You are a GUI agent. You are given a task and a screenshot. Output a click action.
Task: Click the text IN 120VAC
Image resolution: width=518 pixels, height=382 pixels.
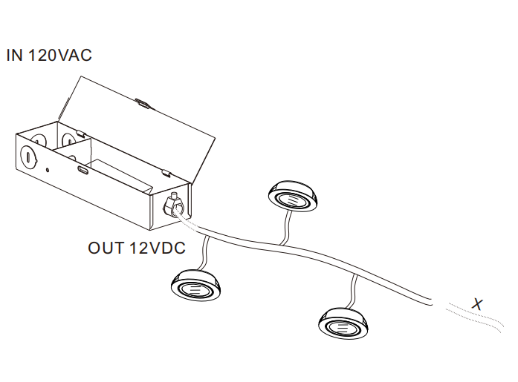click(x=49, y=56)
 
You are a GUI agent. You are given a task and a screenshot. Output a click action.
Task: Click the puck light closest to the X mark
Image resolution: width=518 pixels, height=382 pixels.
click(x=343, y=321)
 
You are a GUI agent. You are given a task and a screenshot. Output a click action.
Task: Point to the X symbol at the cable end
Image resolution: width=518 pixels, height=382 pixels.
click(x=478, y=303)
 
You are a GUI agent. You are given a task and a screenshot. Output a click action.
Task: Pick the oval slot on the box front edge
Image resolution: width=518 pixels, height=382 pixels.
click(x=82, y=170)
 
